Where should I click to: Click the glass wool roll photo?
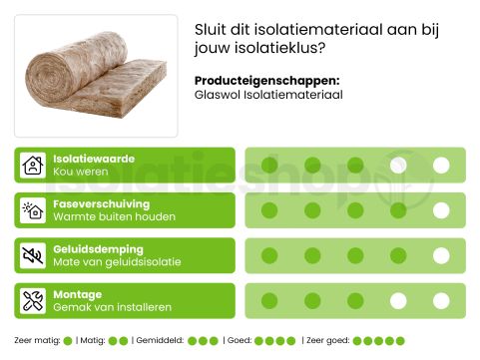click(x=96, y=75)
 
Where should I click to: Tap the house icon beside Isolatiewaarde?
click(x=33, y=166)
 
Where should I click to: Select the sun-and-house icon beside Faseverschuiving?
click(x=33, y=210)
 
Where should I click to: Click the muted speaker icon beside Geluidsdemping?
click(x=33, y=255)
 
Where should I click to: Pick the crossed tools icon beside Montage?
click(x=33, y=300)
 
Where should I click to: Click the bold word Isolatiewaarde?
click(x=93, y=159)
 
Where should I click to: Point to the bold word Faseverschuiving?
click(x=100, y=203)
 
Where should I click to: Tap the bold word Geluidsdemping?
click(x=98, y=248)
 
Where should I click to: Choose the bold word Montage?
click(x=77, y=294)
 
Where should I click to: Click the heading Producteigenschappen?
click(x=266, y=81)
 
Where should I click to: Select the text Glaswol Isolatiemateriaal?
click(x=268, y=96)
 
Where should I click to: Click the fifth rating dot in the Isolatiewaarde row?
click(x=441, y=166)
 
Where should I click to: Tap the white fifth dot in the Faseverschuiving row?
click(x=441, y=210)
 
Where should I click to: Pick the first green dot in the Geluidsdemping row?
click(x=269, y=255)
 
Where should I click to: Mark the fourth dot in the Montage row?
click(x=398, y=300)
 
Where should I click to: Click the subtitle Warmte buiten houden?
click(x=114, y=217)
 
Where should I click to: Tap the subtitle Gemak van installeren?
click(x=112, y=307)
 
